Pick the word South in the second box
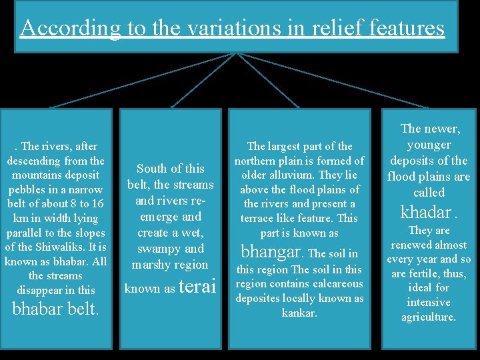[x=153, y=169]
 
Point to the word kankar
[x=299, y=313]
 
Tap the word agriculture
[x=429, y=317]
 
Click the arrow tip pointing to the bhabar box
[x=51, y=107]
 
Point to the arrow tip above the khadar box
[x=427, y=107]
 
